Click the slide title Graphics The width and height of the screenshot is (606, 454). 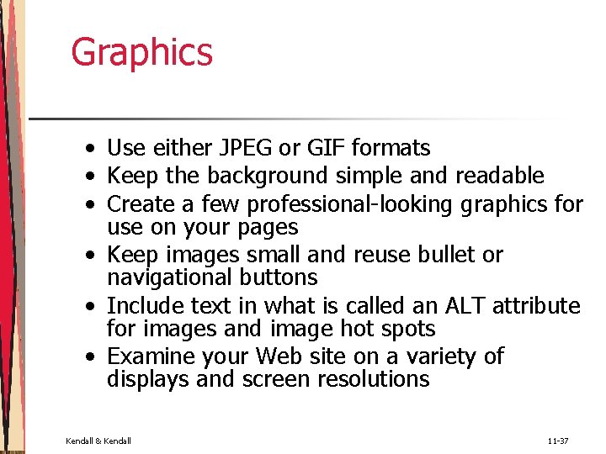click(x=141, y=52)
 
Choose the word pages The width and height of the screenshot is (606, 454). click(x=268, y=228)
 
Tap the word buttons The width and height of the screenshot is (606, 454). click(x=279, y=277)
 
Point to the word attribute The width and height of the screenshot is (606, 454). click(x=536, y=306)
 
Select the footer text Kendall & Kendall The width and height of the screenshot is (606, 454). click(x=98, y=441)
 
